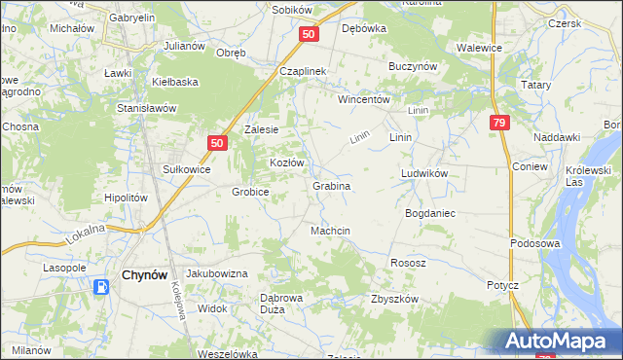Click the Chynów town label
[148, 276]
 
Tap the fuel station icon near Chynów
[102, 286]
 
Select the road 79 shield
[498, 123]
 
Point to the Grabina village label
[331, 185]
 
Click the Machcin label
[330, 231]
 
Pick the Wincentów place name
[363, 99]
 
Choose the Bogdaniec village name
[430, 212]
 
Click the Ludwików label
[423, 173]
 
